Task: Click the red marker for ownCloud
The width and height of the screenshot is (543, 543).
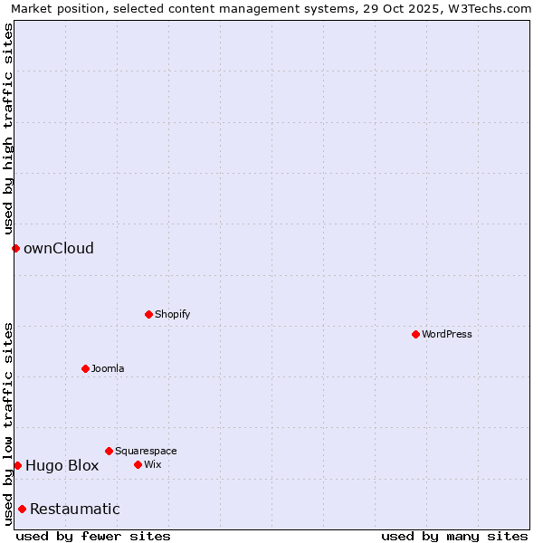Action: coord(15,248)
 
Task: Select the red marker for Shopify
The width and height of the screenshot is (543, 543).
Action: coord(148,314)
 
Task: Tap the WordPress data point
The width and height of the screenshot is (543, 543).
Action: coord(415,334)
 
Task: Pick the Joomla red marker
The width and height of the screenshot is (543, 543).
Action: coord(85,368)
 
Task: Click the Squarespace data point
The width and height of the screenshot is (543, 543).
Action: coord(109,451)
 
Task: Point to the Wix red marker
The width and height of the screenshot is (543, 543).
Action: coord(138,464)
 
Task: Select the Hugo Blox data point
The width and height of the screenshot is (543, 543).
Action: coord(17,465)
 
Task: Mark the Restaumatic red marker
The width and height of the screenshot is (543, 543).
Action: coord(22,509)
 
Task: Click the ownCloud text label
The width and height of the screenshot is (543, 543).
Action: coord(59,248)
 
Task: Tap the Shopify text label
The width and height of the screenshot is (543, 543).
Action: coord(172,314)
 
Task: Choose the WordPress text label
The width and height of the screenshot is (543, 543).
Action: coord(446,334)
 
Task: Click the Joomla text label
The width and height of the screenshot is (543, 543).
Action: coord(108,368)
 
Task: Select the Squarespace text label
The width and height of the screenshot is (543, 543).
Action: coord(146,451)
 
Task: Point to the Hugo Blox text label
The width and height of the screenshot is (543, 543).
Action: coord(62,466)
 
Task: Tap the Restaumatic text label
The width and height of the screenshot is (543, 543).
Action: coord(74,509)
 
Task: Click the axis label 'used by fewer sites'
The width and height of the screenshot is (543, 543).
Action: coord(93,536)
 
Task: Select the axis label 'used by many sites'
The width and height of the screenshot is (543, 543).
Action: coord(454,536)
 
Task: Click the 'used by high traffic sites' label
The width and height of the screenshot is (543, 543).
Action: coord(8,129)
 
